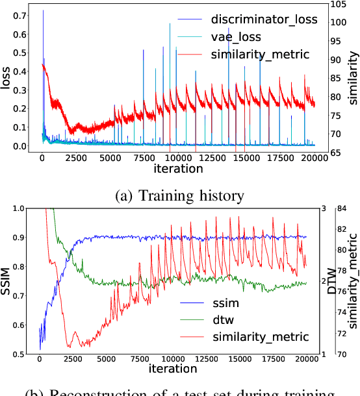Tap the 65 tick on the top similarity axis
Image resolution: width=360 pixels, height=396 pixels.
[333, 153]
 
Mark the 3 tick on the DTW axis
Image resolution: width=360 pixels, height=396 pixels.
[323, 208]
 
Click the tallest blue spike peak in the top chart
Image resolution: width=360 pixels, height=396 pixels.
[43, 10]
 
